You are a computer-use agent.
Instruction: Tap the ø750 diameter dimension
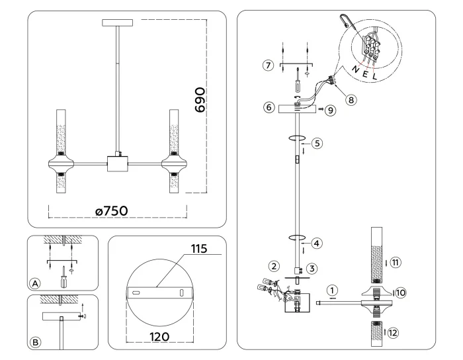(111, 210)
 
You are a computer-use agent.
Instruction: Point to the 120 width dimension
(159, 336)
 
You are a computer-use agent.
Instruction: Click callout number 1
(333, 289)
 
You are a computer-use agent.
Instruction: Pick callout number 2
(273, 266)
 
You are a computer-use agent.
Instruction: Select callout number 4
(317, 243)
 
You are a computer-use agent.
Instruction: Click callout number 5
(317, 142)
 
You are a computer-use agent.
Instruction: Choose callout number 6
(268, 107)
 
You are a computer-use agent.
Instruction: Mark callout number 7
(268, 66)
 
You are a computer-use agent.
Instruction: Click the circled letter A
(36, 283)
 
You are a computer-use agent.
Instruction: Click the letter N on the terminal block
(355, 69)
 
